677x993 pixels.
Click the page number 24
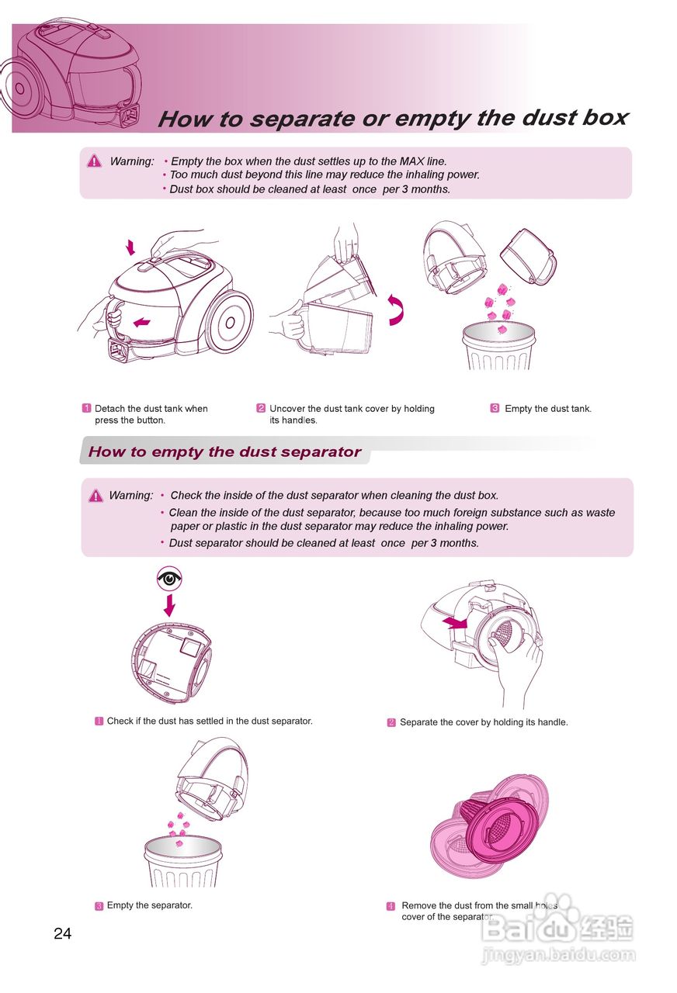(63, 934)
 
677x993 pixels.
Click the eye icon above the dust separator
(169, 578)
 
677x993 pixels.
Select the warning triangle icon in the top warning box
(95, 161)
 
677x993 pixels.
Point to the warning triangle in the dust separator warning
(95, 496)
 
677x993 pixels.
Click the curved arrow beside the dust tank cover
(397, 310)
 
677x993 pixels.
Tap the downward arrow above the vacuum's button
(130, 247)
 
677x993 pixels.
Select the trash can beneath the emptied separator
(182, 862)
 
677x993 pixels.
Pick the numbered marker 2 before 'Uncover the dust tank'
(261, 408)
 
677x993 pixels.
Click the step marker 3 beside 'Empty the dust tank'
(495, 408)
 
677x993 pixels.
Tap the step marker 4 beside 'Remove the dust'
(391, 906)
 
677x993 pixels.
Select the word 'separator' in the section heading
(321, 452)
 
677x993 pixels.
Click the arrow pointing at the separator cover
(455, 622)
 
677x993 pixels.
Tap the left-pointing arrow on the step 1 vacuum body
(141, 323)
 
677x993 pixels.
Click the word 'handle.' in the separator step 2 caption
(551, 722)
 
